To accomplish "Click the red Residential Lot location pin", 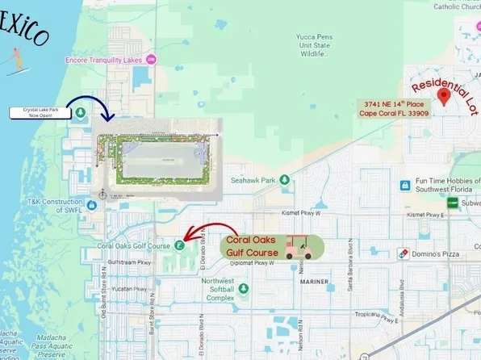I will click(443, 97).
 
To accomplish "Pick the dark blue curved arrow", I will click(87, 111).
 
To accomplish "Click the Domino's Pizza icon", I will click(403, 253).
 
